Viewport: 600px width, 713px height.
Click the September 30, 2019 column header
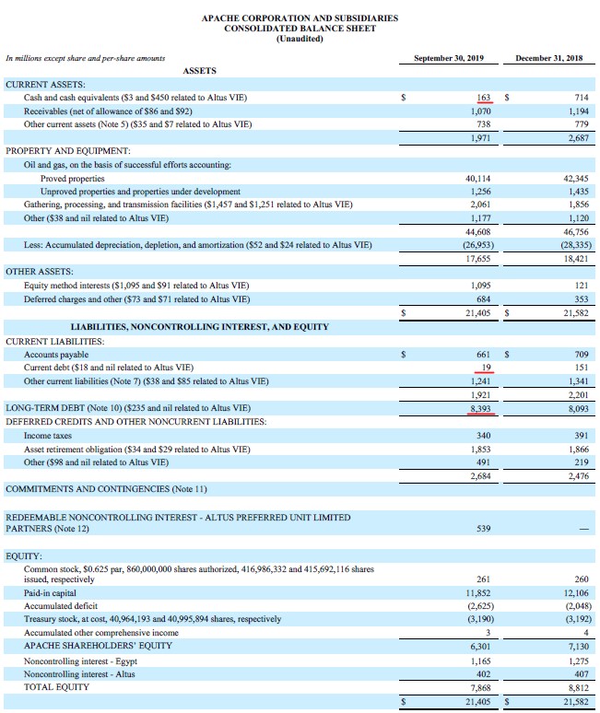pos(449,58)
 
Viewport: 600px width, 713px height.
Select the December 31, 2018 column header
pos(550,58)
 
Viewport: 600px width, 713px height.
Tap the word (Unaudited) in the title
pos(300,38)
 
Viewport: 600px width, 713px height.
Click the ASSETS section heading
pos(201,71)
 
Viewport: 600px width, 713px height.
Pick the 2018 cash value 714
pos(580,97)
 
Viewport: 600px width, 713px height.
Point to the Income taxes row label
pos(48,435)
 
